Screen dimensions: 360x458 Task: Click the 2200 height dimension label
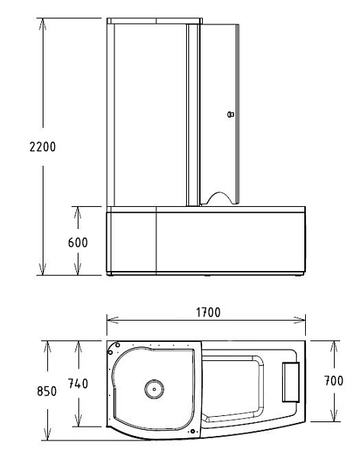coord(43,147)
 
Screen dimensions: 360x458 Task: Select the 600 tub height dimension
coord(78,243)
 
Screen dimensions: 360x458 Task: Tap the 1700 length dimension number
coord(208,312)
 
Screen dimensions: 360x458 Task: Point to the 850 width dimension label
coord(47,391)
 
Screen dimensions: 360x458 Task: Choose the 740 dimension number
coord(78,384)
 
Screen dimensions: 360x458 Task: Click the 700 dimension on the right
coord(334,381)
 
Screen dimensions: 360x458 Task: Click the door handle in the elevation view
coord(230,114)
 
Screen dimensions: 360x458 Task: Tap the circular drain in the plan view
coord(154,389)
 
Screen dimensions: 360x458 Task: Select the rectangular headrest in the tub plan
coord(291,382)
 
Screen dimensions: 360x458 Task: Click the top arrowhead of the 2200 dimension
coord(43,24)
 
